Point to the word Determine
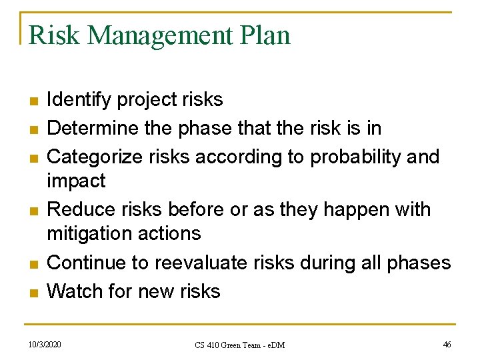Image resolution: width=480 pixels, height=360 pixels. (92, 127)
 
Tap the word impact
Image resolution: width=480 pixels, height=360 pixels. (76, 181)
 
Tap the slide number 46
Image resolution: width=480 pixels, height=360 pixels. (447, 345)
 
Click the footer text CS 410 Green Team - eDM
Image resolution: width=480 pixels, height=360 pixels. (239, 345)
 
